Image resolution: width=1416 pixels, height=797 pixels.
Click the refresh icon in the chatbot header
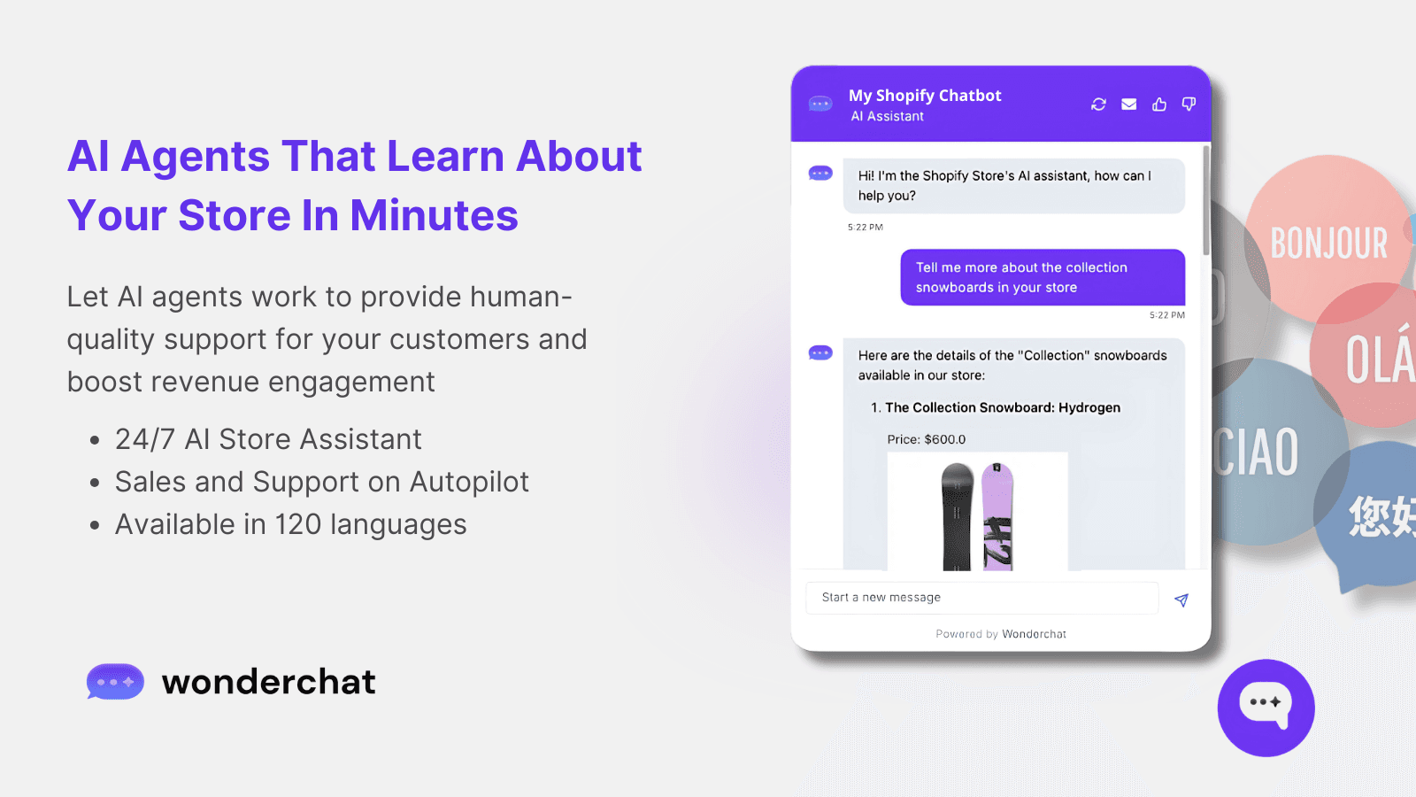tap(1098, 104)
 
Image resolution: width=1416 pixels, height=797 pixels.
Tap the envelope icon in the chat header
tap(1129, 104)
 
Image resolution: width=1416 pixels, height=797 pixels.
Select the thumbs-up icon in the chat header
tap(1159, 104)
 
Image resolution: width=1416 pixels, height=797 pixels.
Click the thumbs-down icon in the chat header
tap(1189, 104)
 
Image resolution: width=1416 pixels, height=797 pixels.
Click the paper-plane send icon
tap(1181, 600)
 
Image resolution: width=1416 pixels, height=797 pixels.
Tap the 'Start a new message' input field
tap(981, 598)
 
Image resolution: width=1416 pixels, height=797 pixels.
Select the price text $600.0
tap(945, 439)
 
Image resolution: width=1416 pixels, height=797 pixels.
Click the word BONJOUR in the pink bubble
tap(1328, 244)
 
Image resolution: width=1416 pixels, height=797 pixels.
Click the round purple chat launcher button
tap(1266, 708)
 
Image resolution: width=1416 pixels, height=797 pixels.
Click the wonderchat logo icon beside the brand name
tap(115, 682)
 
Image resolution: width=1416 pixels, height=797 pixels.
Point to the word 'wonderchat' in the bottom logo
tap(268, 682)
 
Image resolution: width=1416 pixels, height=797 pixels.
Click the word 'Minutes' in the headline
tap(434, 215)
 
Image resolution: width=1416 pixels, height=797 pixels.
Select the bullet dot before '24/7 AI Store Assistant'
tap(95, 440)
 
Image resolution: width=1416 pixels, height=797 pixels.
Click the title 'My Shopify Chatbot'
tap(925, 96)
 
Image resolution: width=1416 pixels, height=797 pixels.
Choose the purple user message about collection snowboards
tap(1042, 277)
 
